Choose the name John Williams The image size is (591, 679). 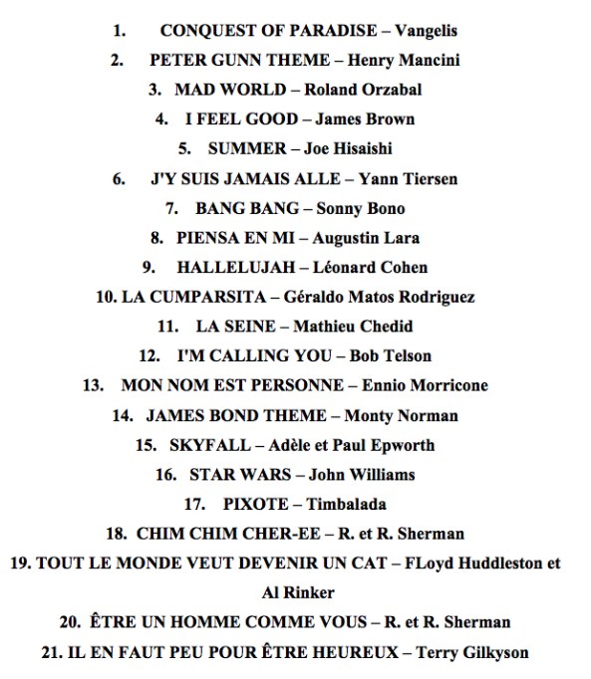pos(362,474)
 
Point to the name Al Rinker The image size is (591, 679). pos(295,592)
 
